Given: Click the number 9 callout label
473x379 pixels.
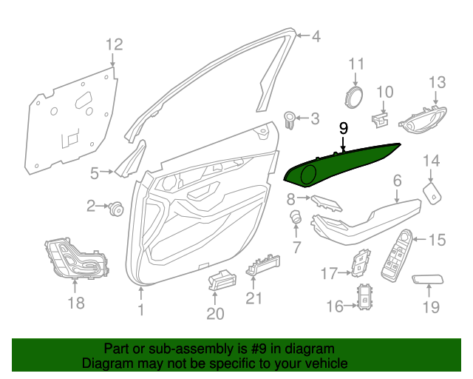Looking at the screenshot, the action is pos(343,128).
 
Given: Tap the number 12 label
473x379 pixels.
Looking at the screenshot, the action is pos(113,45).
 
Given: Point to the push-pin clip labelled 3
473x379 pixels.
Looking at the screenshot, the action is pos(290,117).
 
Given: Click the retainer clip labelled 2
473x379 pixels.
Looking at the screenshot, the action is pos(115,208).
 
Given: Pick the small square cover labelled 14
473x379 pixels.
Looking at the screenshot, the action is pos(432,193).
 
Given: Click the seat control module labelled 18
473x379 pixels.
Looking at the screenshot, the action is pos(75,260).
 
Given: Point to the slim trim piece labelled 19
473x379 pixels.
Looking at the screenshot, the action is pos(426,280).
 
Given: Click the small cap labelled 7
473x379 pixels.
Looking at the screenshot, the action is pos(296,218).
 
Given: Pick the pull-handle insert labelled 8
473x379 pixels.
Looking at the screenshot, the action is pos(325,203).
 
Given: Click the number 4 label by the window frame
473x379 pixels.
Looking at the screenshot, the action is pos(316,36).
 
